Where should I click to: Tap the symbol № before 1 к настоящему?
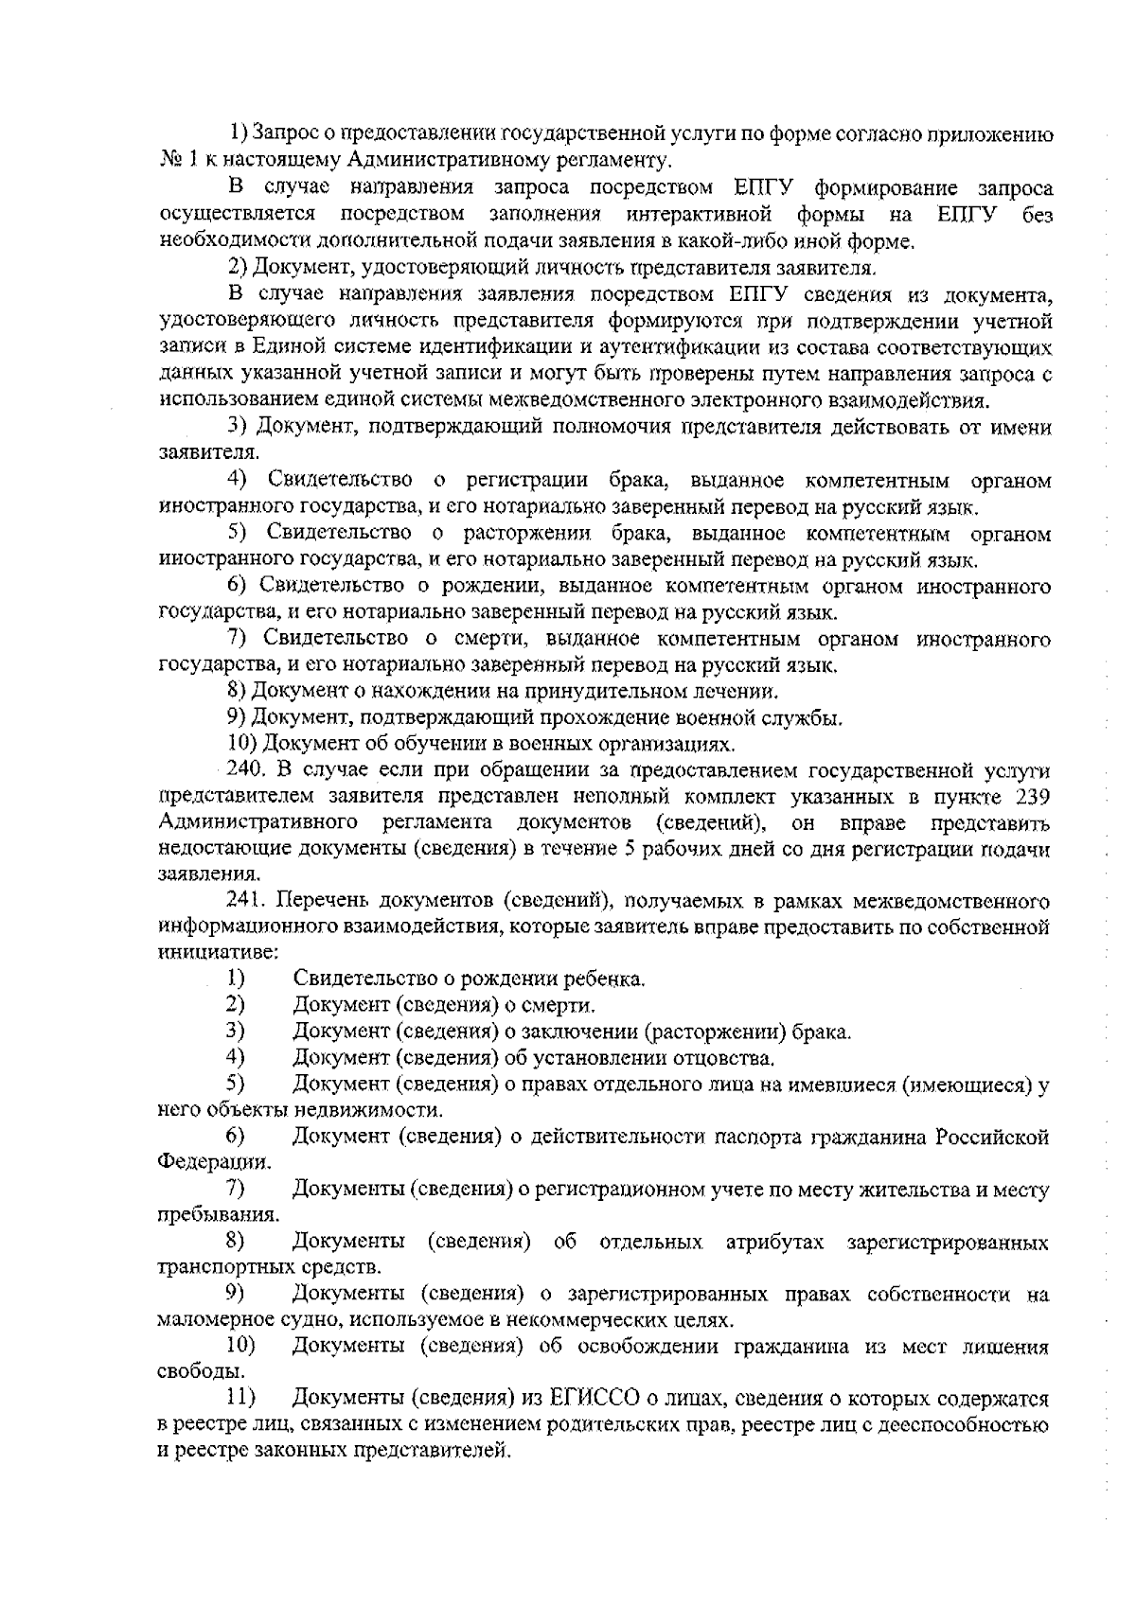click(x=170, y=160)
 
